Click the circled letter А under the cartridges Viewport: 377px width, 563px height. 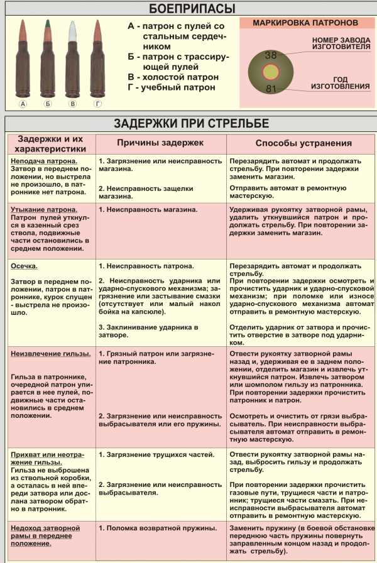(x=24, y=104)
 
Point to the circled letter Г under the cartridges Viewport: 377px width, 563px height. (x=97, y=104)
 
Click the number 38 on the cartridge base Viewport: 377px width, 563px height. (x=271, y=55)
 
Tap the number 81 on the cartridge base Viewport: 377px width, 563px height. (x=271, y=89)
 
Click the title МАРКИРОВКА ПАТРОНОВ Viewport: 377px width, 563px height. (x=305, y=23)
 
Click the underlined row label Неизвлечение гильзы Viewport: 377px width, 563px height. (x=50, y=354)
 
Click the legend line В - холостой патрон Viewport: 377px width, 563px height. (x=173, y=77)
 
